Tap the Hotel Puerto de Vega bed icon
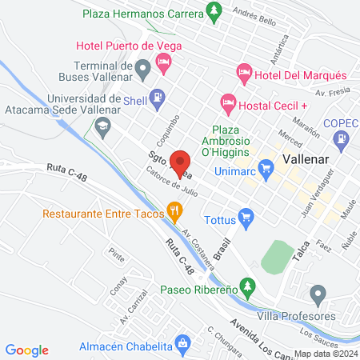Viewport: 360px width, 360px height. [x=163, y=61]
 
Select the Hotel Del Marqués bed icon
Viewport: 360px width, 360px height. [x=244, y=74]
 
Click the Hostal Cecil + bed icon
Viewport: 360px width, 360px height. [x=227, y=103]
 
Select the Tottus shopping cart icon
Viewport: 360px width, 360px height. [x=246, y=215]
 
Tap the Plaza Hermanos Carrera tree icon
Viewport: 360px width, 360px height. [x=213, y=11]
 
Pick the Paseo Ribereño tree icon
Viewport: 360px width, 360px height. [x=248, y=286]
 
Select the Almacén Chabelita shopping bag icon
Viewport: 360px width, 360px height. [x=183, y=344]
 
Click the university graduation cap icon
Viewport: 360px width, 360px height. [x=102, y=126]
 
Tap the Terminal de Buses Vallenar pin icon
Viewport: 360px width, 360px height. [x=142, y=70]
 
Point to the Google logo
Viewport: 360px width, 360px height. [x=26, y=350]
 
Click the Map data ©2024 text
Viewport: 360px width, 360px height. [x=325, y=353]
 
